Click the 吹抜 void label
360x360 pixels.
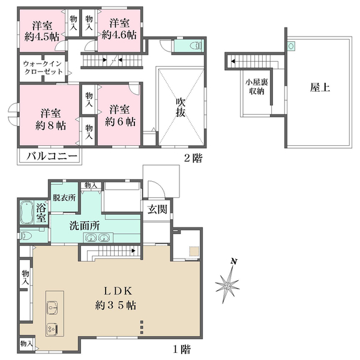point(181,107)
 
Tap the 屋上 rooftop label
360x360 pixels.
point(320,88)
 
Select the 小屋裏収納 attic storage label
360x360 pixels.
point(257,87)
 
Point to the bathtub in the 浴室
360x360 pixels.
point(27,212)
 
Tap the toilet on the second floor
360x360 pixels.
point(195,46)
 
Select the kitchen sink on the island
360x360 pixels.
point(53,307)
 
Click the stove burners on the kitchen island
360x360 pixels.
point(53,329)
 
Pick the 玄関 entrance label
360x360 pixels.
point(157,209)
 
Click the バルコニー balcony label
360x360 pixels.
point(52,157)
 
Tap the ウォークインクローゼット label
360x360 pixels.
point(43,67)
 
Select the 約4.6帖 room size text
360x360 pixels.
point(119,35)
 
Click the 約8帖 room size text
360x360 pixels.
point(50,125)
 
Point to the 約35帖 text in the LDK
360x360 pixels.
point(115,305)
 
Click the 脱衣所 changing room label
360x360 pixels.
point(64,197)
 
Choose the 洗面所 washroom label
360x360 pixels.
point(85,226)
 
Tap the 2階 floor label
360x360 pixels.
point(193,158)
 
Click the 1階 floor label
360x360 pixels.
point(182,350)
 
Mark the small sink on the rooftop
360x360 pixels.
point(291,46)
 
